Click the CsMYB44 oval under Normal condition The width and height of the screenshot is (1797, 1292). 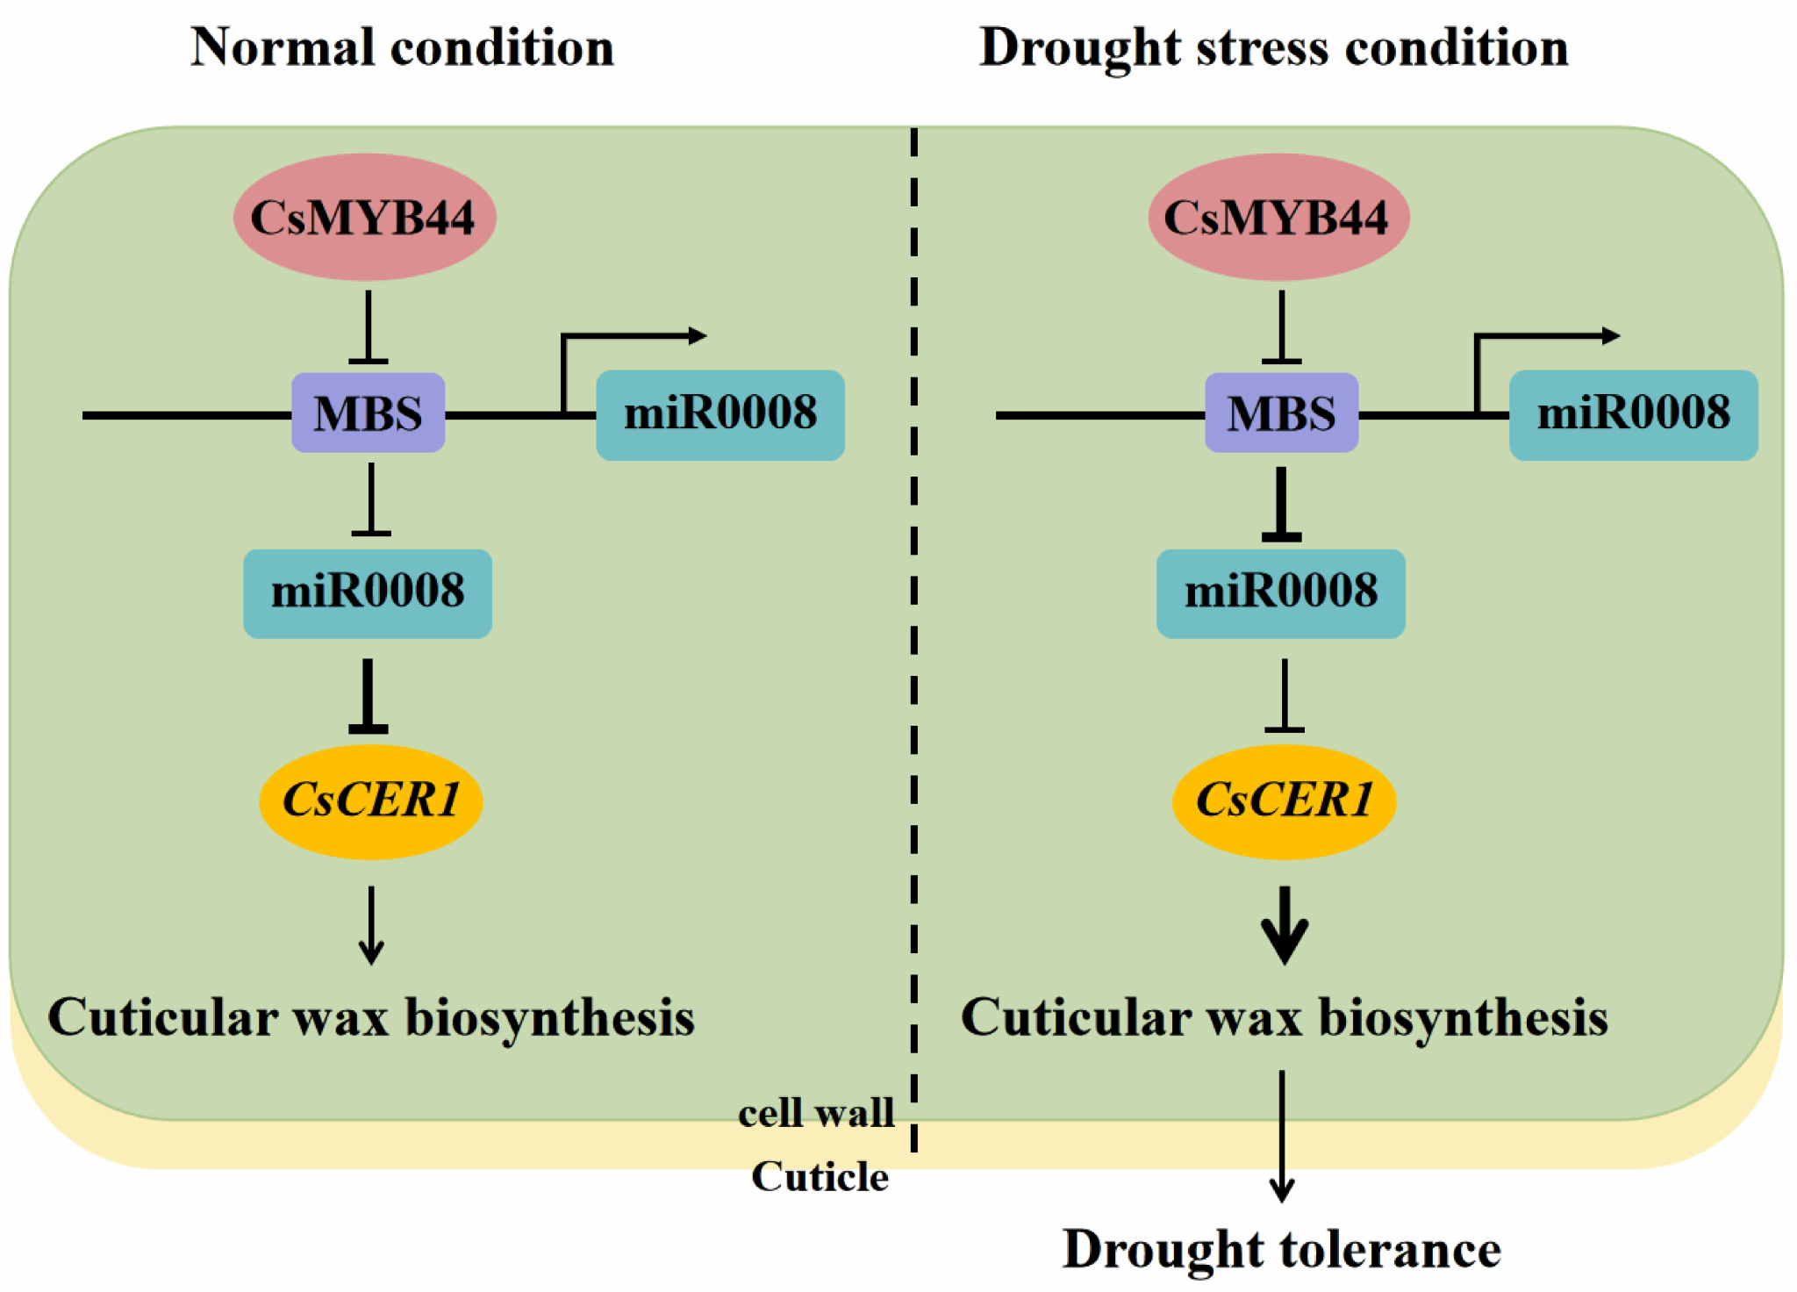tap(364, 218)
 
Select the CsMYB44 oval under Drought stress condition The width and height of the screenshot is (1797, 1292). tap(1278, 218)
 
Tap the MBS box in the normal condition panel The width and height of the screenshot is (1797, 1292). tap(368, 413)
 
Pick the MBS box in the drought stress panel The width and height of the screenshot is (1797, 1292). tap(1281, 413)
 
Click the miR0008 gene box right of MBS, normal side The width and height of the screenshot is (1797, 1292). tap(720, 414)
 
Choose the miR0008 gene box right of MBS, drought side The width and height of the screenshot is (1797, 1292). tap(1633, 414)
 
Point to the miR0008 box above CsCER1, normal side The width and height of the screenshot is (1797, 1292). tap(368, 593)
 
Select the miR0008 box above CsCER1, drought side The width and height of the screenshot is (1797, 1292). tap(1280, 593)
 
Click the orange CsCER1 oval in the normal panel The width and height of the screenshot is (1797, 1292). tap(371, 800)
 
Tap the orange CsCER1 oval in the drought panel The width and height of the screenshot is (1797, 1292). tap(1284, 800)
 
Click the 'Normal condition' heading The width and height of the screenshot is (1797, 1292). tap(402, 47)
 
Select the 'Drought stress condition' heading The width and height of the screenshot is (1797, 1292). tap(1273, 47)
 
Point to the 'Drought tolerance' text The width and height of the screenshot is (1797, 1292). tap(1281, 1250)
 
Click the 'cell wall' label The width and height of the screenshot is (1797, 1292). tap(816, 1113)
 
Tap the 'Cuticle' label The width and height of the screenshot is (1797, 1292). tap(820, 1177)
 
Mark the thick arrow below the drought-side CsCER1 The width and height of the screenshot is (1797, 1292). tap(1285, 926)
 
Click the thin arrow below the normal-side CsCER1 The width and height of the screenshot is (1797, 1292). tap(371, 926)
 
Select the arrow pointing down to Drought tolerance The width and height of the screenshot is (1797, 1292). tap(1282, 1137)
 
